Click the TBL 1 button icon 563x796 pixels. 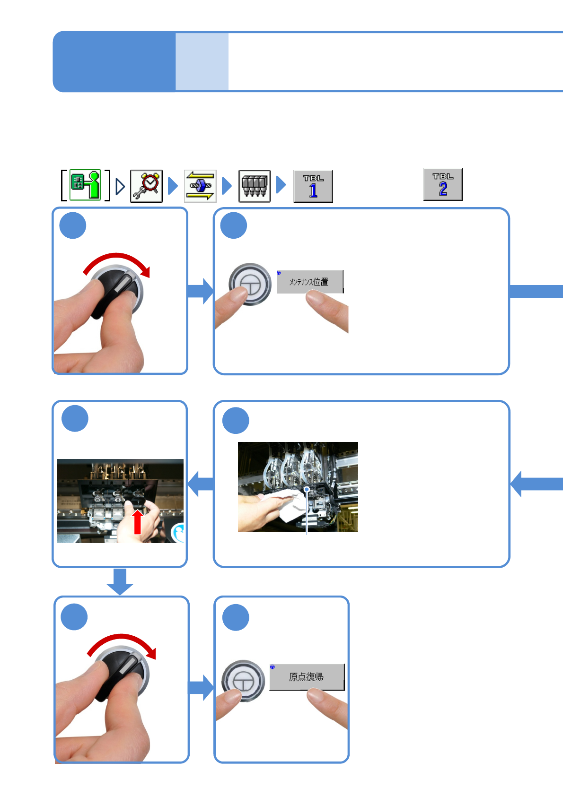point(313,186)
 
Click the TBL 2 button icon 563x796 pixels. point(442,184)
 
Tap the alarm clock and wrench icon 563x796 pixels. point(146,186)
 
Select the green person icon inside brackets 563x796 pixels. point(86,185)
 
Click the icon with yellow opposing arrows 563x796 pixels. point(200,186)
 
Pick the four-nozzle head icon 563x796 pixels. point(254,186)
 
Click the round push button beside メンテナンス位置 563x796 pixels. point(249,284)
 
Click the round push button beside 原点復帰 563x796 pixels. point(243,680)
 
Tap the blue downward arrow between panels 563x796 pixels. point(120,582)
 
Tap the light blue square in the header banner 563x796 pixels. point(202,61)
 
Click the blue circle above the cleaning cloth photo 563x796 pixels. point(236,420)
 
